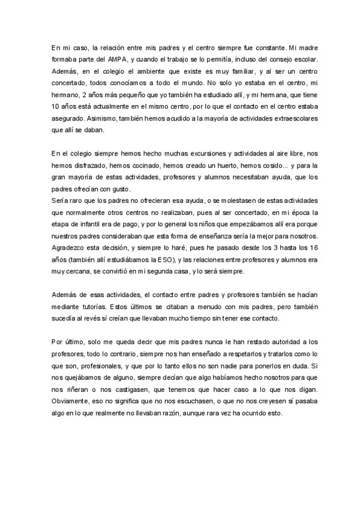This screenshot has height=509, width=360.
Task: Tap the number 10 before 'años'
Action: (x=55, y=106)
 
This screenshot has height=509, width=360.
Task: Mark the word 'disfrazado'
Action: (x=87, y=165)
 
